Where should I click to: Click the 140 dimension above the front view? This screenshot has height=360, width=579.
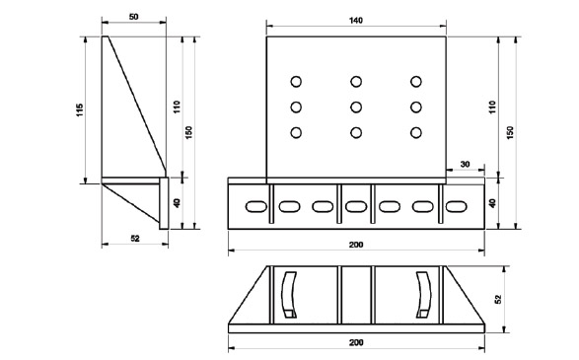tap(356, 21)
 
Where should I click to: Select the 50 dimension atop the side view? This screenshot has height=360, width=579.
tap(134, 17)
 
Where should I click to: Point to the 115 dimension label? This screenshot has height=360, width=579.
tap(80, 110)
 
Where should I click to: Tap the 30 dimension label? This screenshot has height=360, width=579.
tap(466, 164)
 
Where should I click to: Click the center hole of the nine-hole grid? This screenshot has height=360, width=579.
tap(356, 108)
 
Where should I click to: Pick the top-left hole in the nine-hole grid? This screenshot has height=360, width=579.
tap(296, 81)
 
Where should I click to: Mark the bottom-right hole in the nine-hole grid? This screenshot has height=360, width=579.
tap(416, 132)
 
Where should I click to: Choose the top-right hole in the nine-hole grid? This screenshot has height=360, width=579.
tap(416, 81)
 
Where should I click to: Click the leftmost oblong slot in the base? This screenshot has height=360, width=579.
tap(256, 206)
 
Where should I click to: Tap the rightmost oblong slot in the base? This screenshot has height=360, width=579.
tap(457, 206)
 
